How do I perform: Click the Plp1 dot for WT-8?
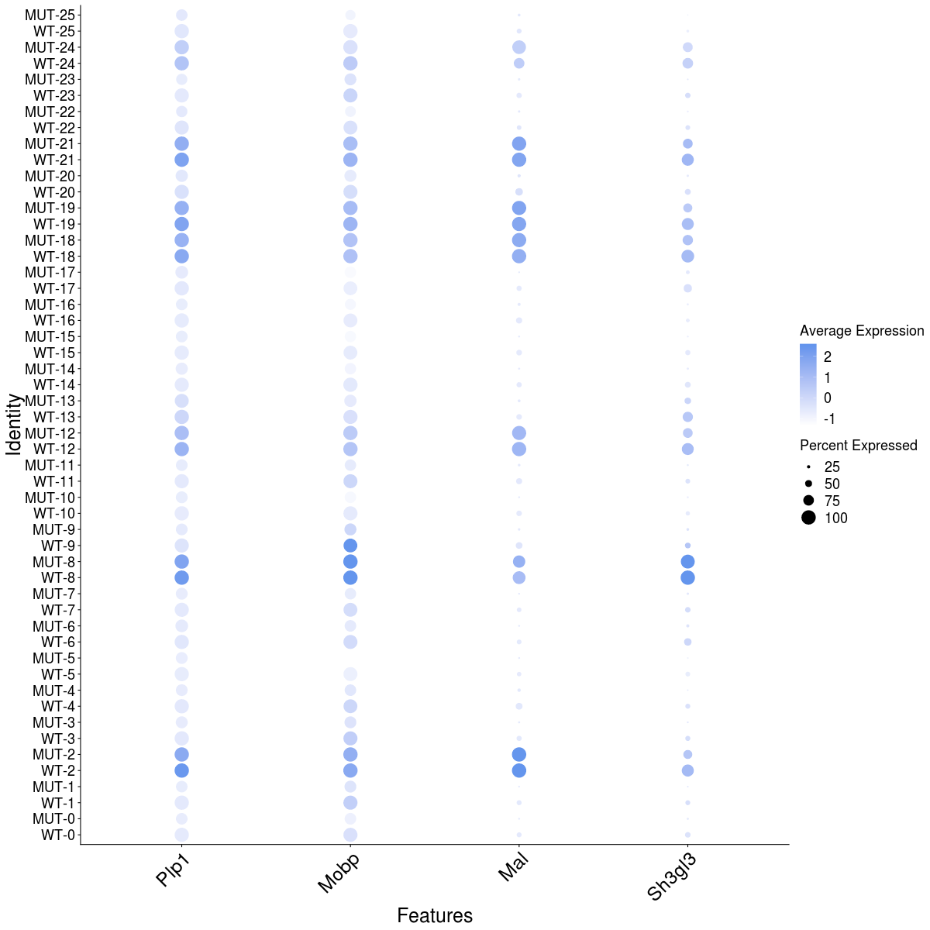click(x=181, y=577)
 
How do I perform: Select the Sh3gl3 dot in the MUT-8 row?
click(x=687, y=561)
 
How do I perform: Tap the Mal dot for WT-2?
click(x=518, y=770)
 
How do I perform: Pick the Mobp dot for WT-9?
click(x=350, y=546)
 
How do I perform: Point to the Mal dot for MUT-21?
click(x=518, y=143)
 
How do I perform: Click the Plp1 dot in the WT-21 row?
click(x=181, y=160)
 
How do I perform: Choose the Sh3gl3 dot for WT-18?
click(x=687, y=256)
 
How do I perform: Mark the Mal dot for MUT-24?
click(x=518, y=47)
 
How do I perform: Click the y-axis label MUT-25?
click(x=50, y=15)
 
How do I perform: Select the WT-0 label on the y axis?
click(x=58, y=835)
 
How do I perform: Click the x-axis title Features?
click(x=435, y=915)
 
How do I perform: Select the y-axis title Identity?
click(x=13, y=424)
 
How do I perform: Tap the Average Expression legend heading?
click(x=862, y=331)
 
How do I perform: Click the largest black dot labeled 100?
click(x=808, y=518)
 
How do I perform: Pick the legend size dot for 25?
click(x=808, y=467)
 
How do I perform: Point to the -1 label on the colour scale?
click(x=829, y=419)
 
